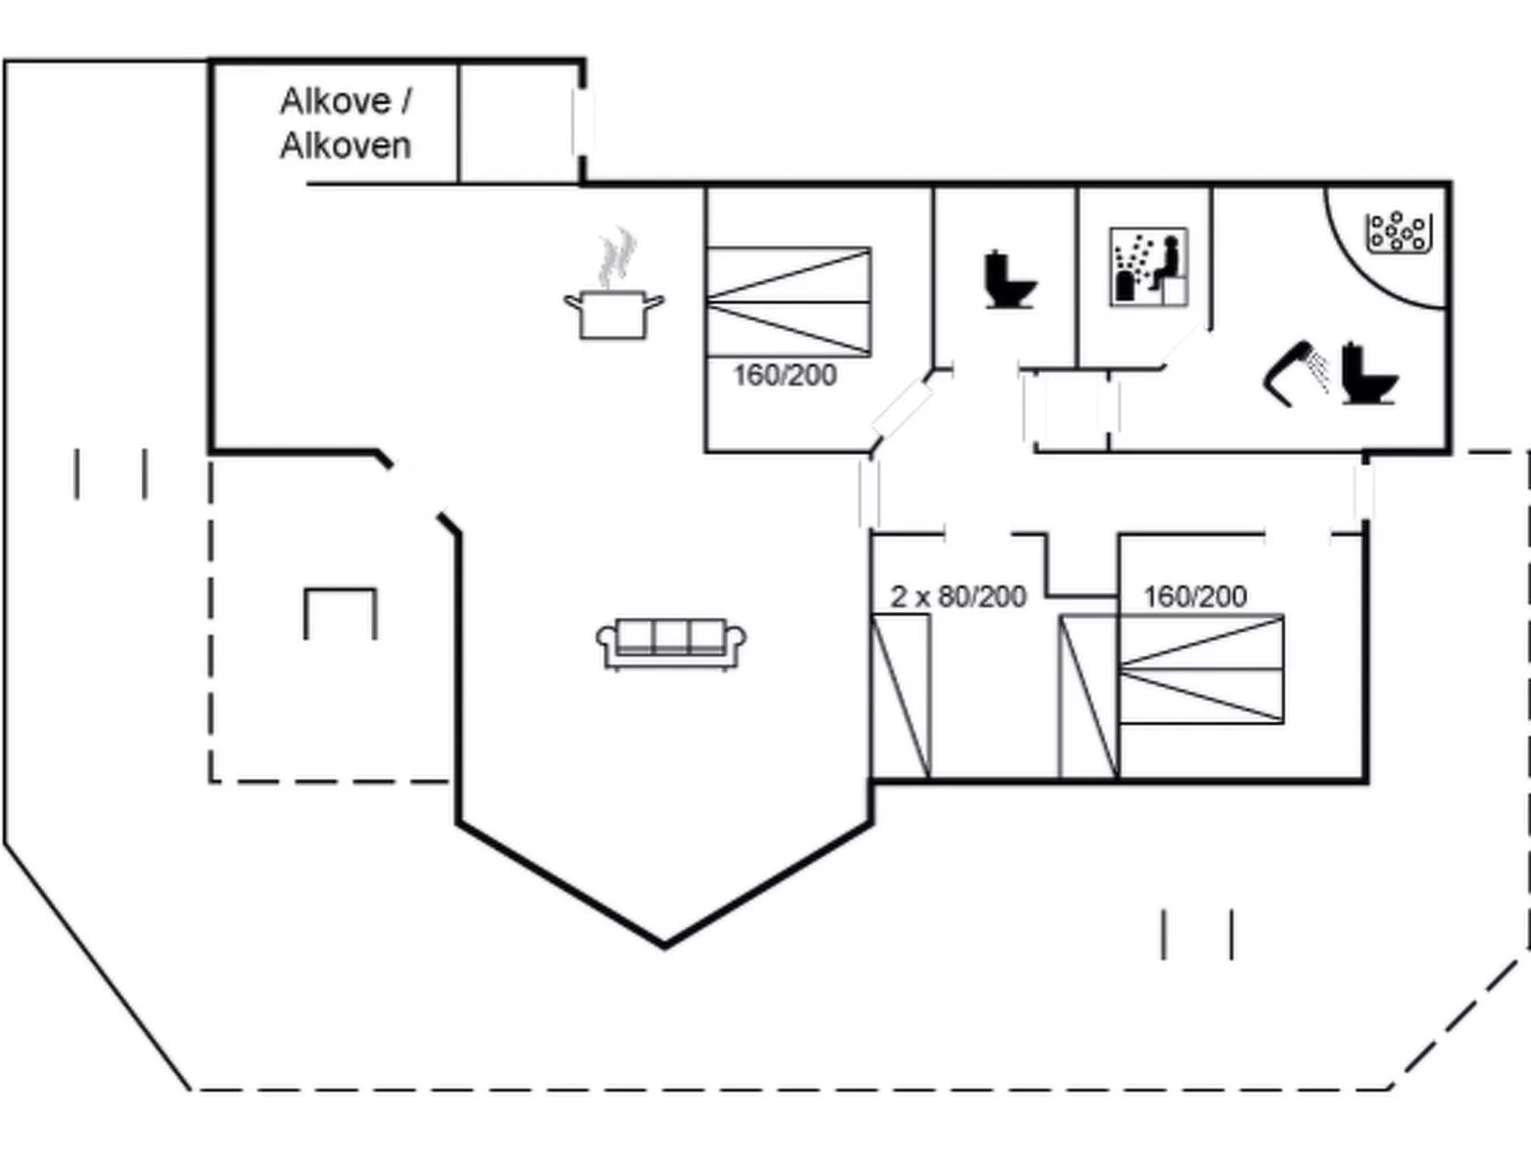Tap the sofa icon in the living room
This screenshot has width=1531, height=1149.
tap(671, 644)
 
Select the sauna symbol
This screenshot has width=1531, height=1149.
tap(1149, 267)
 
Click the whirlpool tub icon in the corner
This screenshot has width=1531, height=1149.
tap(1398, 232)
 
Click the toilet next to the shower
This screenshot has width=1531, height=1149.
tap(1368, 374)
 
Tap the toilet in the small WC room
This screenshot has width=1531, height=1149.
tap(1009, 280)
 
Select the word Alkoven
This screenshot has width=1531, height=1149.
tap(345, 146)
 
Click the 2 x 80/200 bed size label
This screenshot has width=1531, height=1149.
tap(958, 597)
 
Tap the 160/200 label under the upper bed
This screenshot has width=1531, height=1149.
tap(785, 375)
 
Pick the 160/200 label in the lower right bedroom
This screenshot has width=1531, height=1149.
tap(1194, 597)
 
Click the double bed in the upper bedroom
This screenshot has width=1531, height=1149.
tap(788, 302)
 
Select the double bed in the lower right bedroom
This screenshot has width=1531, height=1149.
tap(1200, 669)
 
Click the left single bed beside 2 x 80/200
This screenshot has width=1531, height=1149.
tap(901, 695)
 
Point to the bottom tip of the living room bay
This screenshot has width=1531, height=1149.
tap(664, 945)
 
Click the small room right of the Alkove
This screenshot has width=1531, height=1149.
tap(520, 122)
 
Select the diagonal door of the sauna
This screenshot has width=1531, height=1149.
tap(1185, 345)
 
